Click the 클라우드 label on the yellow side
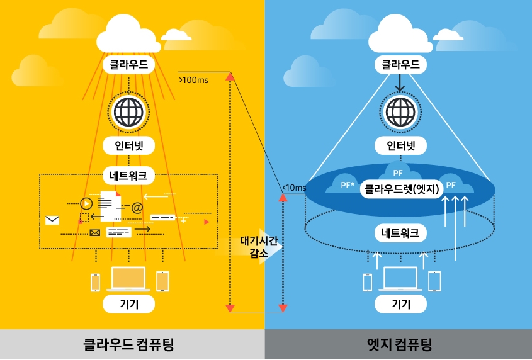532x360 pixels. click(x=128, y=64)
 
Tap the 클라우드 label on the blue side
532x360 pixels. click(x=401, y=64)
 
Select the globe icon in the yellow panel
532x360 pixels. click(x=129, y=111)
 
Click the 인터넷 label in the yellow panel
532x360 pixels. click(x=128, y=146)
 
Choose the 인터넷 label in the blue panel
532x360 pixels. click(x=401, y=146)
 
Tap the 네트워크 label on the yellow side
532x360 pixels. click(x=128, y=176)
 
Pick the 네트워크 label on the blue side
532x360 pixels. click(x=401, y=233)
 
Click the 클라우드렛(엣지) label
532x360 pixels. click(x=401, y=189)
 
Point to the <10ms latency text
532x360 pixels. click(x=295, y=188)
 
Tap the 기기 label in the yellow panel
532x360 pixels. click(x=128, y=305)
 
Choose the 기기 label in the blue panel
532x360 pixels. click(x=401, y=305)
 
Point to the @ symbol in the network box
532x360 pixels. click(x=137, y=206)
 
